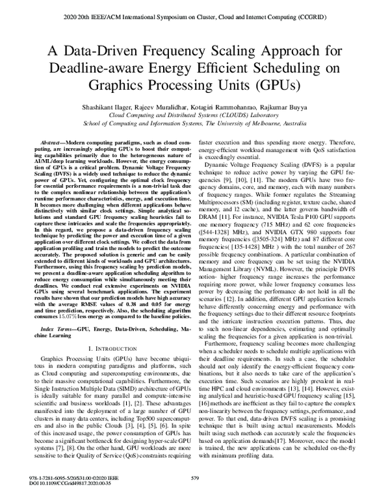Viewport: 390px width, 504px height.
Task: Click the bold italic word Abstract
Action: point(52,141)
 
